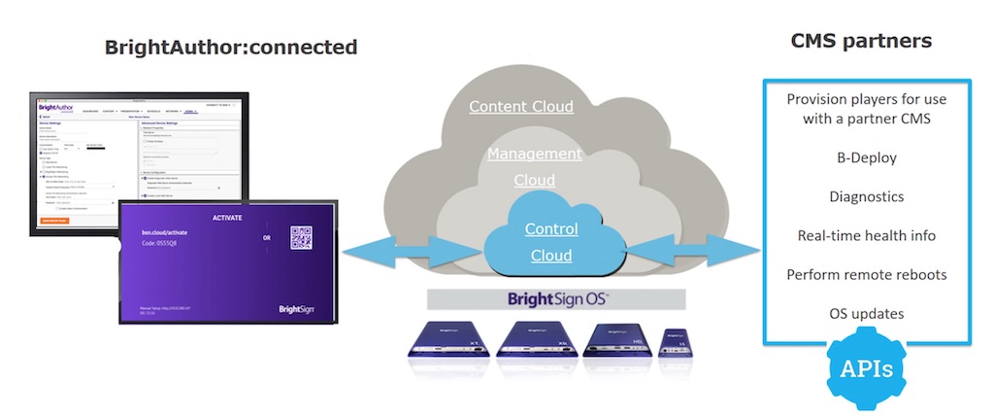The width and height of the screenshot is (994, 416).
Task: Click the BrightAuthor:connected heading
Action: [231, 47]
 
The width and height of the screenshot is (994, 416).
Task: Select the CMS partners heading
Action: [861, 41]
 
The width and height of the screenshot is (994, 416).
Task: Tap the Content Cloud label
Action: [521, 107]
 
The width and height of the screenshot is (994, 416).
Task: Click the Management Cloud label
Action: [534, 166]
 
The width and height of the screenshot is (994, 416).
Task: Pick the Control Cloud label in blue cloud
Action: [551, 243]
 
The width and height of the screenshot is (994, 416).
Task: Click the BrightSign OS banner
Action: [557, 298]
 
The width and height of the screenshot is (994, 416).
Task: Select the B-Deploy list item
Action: [866, 157]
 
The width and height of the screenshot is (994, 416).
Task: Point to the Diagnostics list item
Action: [866, 196]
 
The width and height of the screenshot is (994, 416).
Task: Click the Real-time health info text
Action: [866, 235]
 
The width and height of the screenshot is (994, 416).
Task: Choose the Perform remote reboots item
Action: [866, 274]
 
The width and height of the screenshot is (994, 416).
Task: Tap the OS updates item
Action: [866, 313]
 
